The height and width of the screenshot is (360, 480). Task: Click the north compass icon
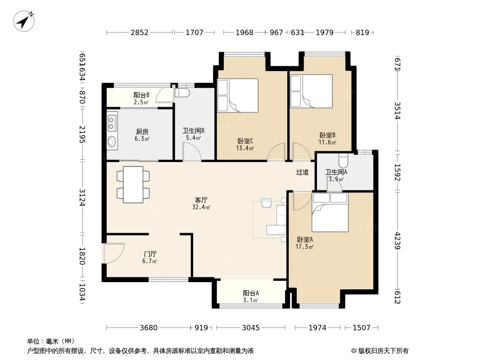[x=23, y=21]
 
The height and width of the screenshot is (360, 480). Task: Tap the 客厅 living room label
[x=201, y=200]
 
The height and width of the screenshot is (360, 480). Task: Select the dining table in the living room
[x=133, y=184]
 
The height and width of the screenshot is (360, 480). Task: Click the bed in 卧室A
[x=330, y=212]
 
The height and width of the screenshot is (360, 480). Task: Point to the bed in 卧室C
[x=238, y=95]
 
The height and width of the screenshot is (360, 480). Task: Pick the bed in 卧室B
[x=311, y=91]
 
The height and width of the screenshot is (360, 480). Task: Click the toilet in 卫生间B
[x=182, y=92]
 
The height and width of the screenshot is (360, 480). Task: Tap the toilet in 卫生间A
[x=344, y=159]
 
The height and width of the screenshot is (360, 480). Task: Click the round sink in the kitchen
[x=112, y=141]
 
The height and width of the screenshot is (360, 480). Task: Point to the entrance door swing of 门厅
[x=114, y=253]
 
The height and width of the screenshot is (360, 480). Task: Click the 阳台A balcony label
[x=251, y=293]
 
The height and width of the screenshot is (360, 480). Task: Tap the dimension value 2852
[x=140, y=32]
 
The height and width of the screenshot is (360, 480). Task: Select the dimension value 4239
[x=397, y=240]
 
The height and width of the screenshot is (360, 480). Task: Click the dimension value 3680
[x=149, y=328]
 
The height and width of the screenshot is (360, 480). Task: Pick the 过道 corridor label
[x=303, y=172]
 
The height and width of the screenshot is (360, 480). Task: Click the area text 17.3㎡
[x=304, y=247]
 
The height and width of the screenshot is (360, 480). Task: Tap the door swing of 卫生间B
[x=192, y=152]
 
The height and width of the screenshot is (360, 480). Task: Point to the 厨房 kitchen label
[x=142, y=131]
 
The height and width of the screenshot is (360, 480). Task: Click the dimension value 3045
[x=251, y=328]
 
